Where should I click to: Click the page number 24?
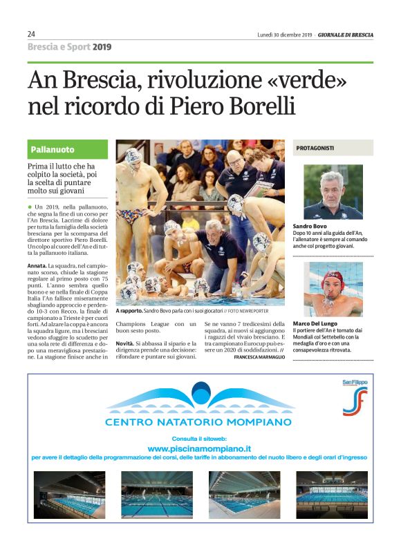(x=32, y=34)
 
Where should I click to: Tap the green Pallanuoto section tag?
(x=53, y=149)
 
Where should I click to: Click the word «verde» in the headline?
(x=303, y=82)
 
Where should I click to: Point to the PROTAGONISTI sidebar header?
(x=315, y=148)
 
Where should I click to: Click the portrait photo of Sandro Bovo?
(x=333, y=191)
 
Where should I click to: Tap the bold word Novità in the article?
(x=124, y=343)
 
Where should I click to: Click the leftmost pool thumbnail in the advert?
(x=69, y=495)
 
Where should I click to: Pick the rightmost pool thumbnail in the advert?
(x=332, y=495)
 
